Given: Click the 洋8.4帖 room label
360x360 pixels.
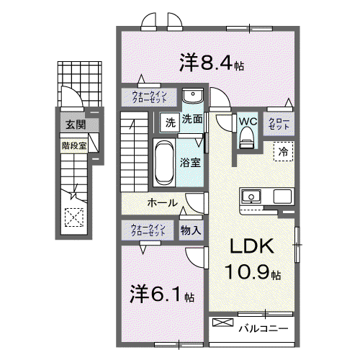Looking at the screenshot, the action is (212, 63).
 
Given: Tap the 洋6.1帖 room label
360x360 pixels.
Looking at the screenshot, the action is (162, 294).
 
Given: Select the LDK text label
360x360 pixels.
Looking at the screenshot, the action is (252, 246).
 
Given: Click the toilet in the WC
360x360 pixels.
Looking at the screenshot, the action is (246, 138).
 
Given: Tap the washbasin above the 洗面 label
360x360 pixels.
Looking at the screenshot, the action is (193, 95).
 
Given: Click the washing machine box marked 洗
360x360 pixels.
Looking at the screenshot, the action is (171, 122).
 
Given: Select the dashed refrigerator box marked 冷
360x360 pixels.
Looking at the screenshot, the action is (284, 151).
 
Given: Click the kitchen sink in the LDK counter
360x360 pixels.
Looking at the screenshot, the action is (251, 197).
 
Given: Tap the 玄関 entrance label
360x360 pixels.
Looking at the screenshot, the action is (76, 125).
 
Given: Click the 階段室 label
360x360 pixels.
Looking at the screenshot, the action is (74, 145).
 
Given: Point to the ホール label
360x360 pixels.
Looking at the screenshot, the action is (162, 203).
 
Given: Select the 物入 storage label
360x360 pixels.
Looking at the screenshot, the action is (191, 230).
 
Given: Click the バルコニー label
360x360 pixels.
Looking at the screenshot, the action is (263, 328).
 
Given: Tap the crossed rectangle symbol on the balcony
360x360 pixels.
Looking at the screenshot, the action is (223, 323).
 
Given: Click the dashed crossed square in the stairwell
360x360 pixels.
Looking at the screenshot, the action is (74, 217).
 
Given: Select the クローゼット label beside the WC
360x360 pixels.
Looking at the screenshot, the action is (279, 124).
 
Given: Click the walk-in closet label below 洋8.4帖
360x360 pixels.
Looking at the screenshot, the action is (149, 97).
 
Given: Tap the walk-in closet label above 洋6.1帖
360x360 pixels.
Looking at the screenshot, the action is (148, 230).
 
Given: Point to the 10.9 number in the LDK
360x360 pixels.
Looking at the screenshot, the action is (248, 272).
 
